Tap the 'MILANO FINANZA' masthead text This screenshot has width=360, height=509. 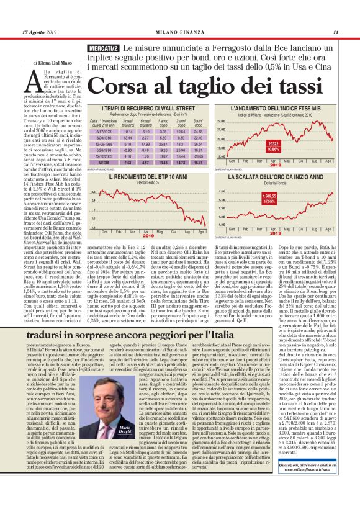tap(180, 33)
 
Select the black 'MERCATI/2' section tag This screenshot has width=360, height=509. tap(104, 48)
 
